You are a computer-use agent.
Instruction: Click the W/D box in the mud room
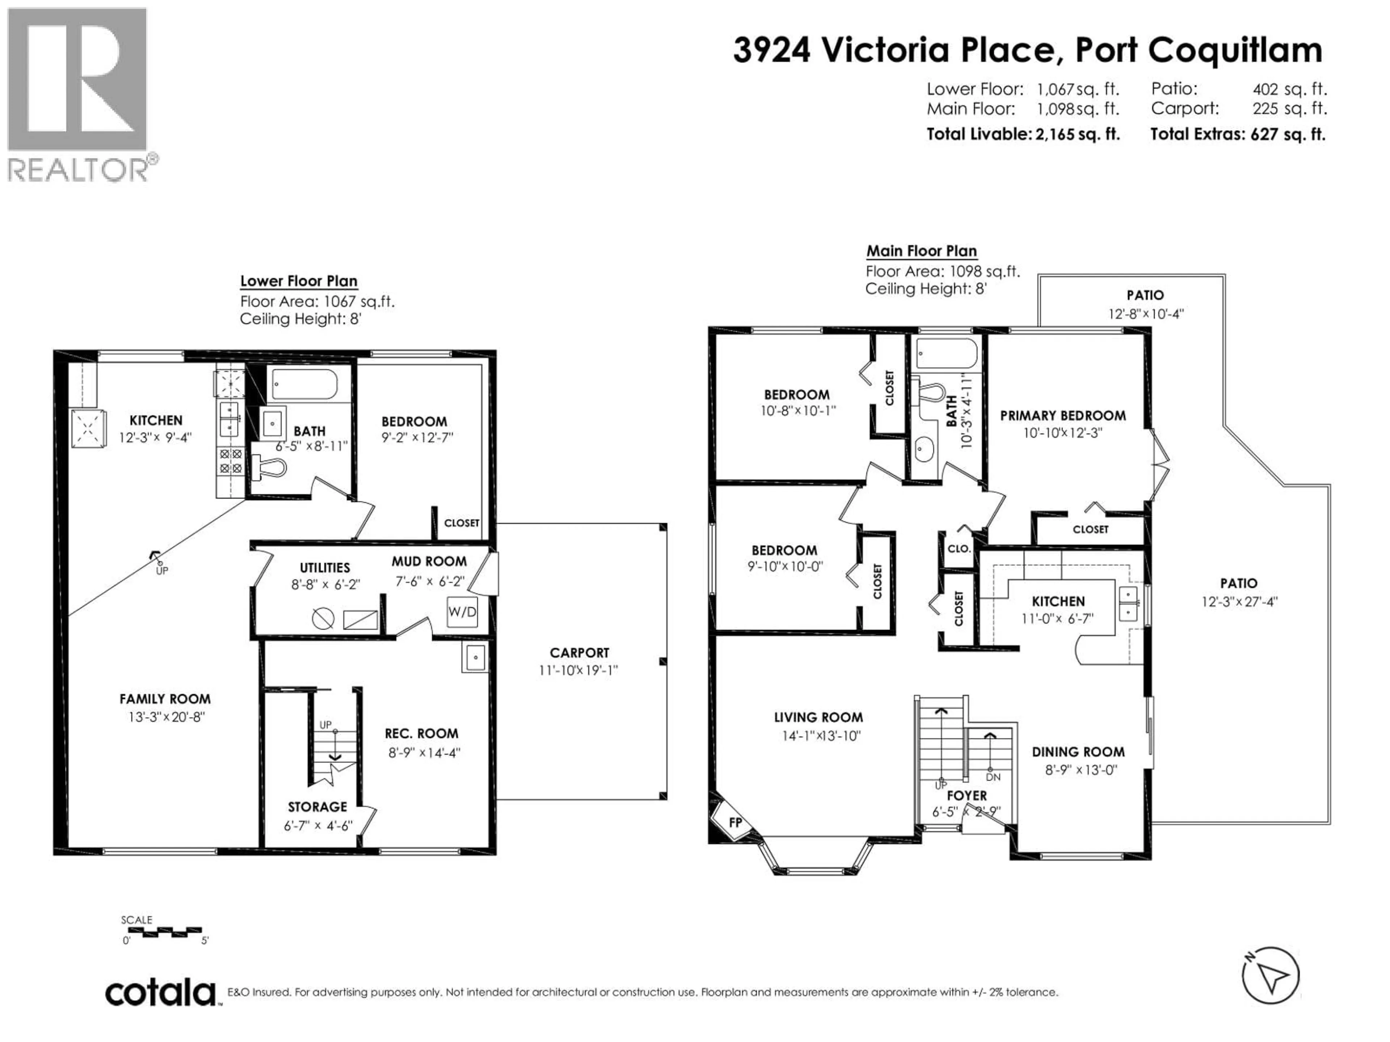(x=462, y=611)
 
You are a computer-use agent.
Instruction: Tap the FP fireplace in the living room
(x=734, y=822)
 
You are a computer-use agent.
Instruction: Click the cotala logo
(x=160, y=993)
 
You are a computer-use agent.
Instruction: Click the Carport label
(x=579, y=653)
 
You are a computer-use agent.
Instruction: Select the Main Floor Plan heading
(x=921, y=251)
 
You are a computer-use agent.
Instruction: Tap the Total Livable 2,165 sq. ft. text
(x=1022, y=134)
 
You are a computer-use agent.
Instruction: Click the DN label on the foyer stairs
(x=993, y=777)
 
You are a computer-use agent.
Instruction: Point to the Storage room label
(x=317, y=806)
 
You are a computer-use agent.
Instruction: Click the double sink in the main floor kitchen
(x=1128, y=603)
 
